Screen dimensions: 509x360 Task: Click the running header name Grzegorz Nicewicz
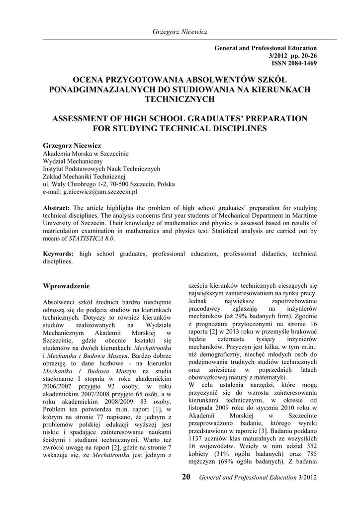point(180,32)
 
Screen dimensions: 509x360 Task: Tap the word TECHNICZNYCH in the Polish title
point(180,98)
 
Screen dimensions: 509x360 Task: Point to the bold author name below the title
point(72,145)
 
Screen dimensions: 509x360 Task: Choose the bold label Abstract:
point(57,207)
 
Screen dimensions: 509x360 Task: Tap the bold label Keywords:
point(60,254)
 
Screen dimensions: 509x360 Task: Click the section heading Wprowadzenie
point(67,286)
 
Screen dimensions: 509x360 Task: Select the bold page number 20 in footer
point(186,478)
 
